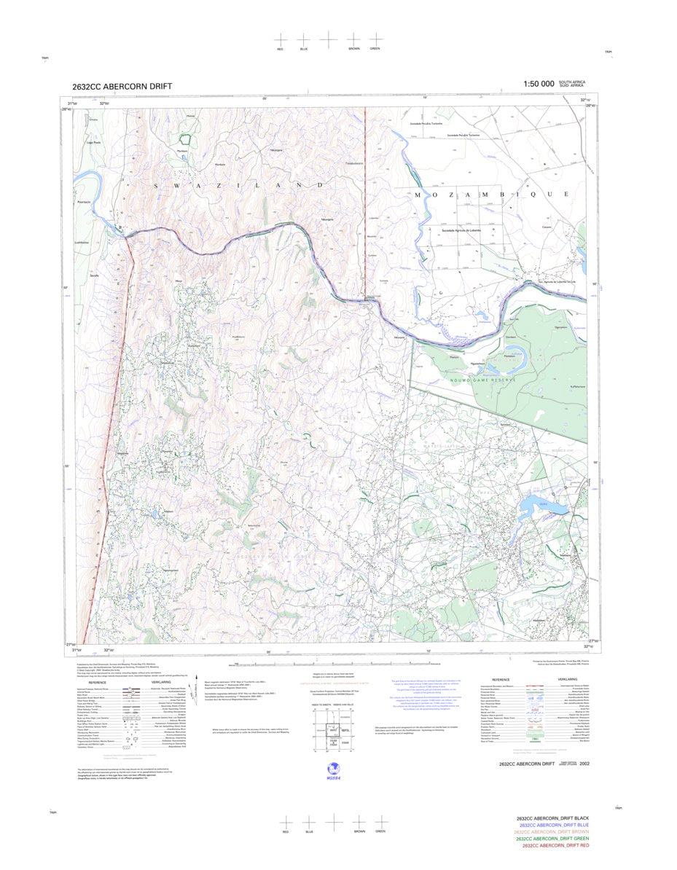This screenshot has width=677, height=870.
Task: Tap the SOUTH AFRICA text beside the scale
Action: pyautogui.click(x=572, y=82)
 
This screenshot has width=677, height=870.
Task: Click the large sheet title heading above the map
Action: pyautogui.click(x=122, y=86)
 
